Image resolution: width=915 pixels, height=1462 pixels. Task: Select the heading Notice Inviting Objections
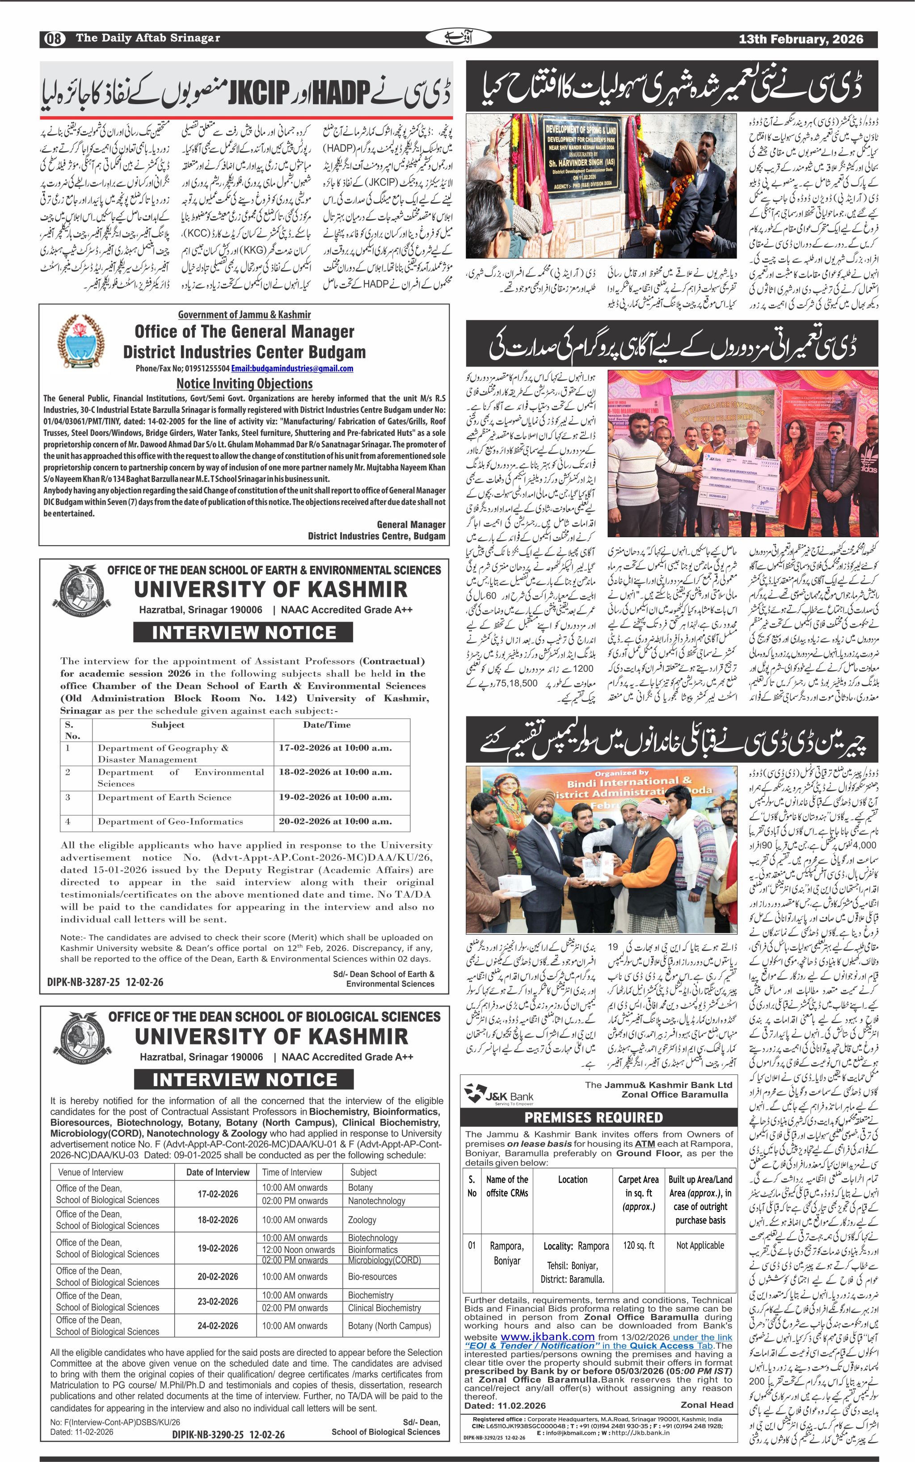245,383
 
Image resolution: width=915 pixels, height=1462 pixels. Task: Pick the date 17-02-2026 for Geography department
335,748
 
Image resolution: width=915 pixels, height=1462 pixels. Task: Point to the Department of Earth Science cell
164,797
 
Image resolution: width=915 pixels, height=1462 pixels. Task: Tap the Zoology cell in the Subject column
362,1220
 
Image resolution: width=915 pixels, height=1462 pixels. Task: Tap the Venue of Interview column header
91,1172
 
